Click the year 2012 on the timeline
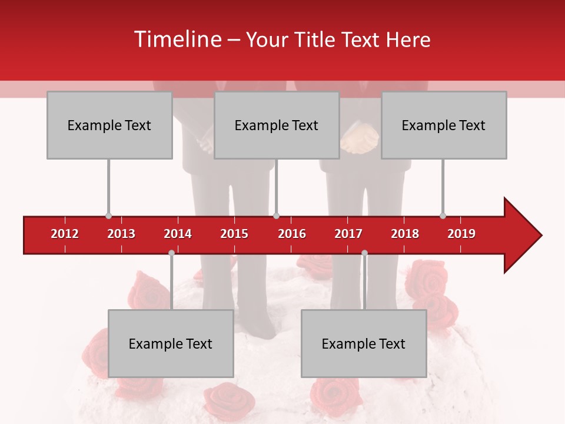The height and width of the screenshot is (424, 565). pos(65,234)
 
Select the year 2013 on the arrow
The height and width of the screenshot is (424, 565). pos(121,234)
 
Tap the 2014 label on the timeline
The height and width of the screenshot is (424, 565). pos(178,234)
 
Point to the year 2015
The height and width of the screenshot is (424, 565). pos(234,234)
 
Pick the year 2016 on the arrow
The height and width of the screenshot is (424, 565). pos(292,234)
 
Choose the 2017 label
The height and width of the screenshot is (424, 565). pos(348,234)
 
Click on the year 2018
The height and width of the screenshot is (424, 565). pos(405,234)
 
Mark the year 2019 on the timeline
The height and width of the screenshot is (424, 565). pos(461,234)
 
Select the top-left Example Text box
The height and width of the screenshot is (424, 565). pos(109,125)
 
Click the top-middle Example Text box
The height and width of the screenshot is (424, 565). pos(277,125)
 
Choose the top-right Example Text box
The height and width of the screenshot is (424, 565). pos(444,125)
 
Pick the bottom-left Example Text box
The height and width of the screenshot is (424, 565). pos(171,343)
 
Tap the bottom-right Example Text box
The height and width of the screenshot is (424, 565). pos(364,343)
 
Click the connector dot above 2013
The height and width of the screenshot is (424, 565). pos(108,216)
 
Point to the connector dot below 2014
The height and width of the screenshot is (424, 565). pos(171,253)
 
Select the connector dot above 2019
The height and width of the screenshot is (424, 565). pos(443,216)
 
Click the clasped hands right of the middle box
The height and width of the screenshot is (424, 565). pos(360,141)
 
